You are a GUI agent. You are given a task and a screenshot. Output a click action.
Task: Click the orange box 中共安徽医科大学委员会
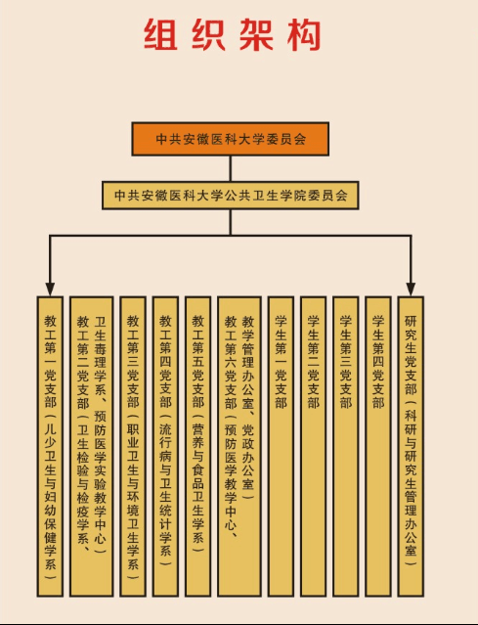[x=231, y=139]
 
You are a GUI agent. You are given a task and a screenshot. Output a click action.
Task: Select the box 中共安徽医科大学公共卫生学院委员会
[x=231, y=196]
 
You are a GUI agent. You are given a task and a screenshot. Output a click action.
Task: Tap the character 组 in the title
[x=160, y=34]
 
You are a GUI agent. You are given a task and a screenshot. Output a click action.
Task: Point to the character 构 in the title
[x=304, y=34]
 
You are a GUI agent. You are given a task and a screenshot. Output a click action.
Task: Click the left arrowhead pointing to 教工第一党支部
[x=50, y=290]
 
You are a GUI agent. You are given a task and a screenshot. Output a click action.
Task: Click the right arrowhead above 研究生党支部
[x=411, y=290]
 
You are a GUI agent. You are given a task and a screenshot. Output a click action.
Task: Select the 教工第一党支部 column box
[x=50, y=446]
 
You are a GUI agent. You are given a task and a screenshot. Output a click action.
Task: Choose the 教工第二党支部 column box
[x=91, y=446]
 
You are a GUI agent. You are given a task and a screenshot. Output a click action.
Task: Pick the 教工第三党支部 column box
[x=133, y=446]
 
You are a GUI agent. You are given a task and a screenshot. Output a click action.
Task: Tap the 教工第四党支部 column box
[x=165, y=446]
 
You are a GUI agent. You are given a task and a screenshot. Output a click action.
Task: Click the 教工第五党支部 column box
[x=198, y=446]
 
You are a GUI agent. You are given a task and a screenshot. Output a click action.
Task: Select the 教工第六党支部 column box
[x=239, y=446]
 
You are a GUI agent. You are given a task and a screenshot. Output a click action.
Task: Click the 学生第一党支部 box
[x=281, y=446]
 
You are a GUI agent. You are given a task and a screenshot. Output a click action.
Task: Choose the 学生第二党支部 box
[x=313, y=446]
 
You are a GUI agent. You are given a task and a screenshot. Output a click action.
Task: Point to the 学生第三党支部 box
[x=345, y=446]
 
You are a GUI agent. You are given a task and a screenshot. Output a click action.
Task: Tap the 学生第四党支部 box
[x=378, y=446]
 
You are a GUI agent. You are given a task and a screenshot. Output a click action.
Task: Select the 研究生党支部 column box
[x=411, y=446]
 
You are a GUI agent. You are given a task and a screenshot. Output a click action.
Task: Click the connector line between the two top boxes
[x=231, y=168]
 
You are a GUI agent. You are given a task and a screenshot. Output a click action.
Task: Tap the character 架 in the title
[x=256, y=34]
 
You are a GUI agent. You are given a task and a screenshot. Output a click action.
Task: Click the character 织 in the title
[x=208, y=34]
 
